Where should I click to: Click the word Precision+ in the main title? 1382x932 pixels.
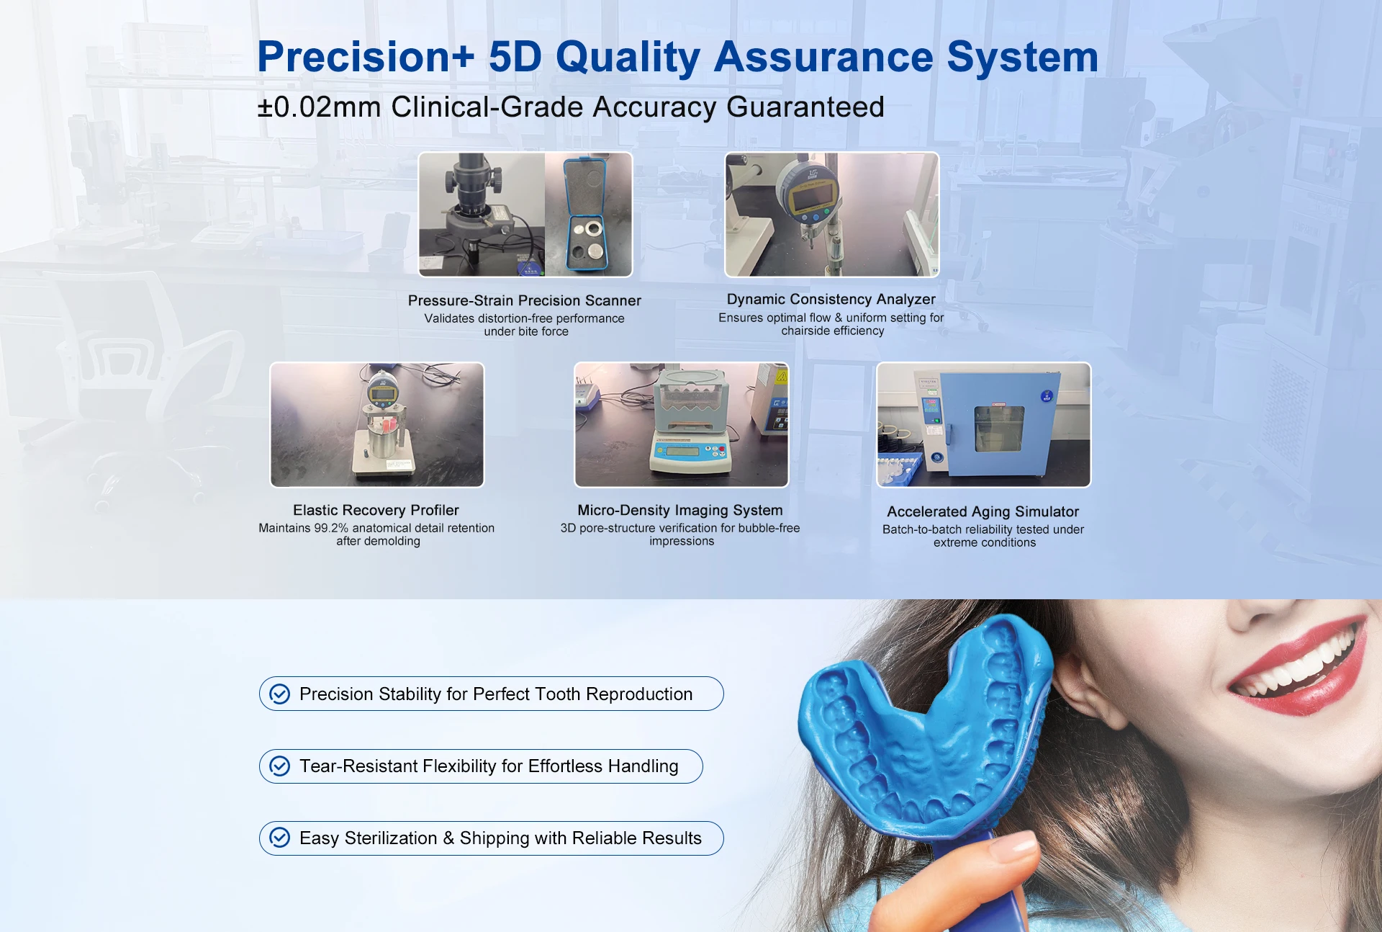tap(366, 57)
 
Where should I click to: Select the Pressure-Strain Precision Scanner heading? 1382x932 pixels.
tap(524, 300)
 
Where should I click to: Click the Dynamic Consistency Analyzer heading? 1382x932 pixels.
tap(831, 299)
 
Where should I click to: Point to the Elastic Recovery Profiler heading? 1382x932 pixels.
tap(376, 510)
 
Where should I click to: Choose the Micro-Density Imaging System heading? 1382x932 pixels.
tap(679, 511)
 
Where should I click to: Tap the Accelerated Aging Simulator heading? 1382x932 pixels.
tap(983, 511)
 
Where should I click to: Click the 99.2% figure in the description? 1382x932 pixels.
tap(331, 528)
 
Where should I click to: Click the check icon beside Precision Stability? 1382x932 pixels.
tap(279, 694)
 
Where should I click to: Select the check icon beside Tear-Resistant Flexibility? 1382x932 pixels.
tap(279, 766)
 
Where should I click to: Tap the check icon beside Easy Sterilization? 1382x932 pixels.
tap(279, 838)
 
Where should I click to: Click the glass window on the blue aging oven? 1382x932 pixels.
tap(999, 429)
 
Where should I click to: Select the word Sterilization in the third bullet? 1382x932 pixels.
tap(391, 838)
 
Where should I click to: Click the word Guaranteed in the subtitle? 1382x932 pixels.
tap(805, 107)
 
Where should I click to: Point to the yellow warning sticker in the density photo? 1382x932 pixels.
tap(781, 375)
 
